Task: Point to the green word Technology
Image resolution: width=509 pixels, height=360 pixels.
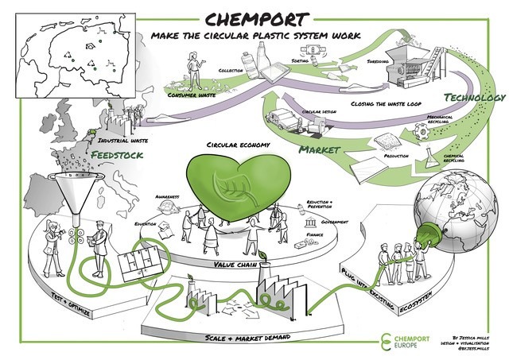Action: [475, 97]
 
